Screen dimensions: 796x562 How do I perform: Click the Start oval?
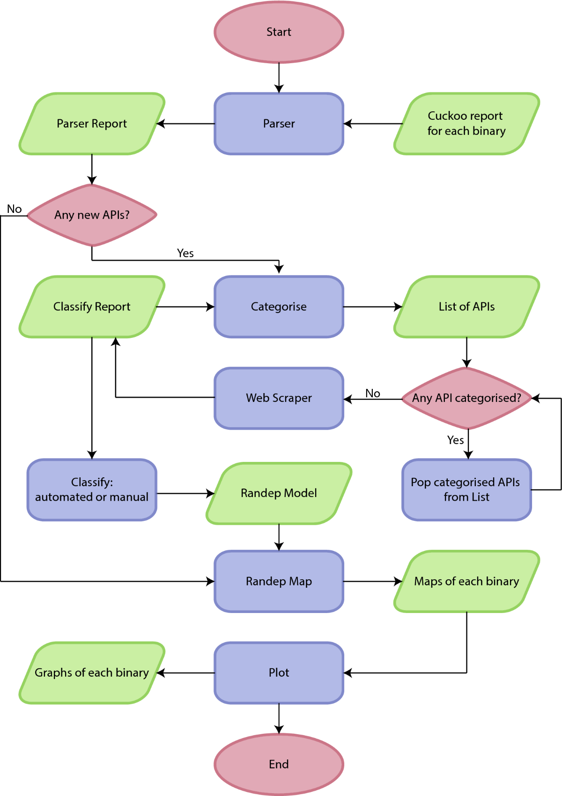[x=279, y=32]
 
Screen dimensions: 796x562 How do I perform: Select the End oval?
[x=279, y=764]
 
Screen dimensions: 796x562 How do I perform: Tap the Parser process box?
[x=279, y=124]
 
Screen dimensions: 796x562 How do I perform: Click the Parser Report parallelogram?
[x=92, y=124]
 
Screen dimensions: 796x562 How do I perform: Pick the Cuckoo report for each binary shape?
[x=466, y=124]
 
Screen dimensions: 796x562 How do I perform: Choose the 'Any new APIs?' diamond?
[x=92, y=215]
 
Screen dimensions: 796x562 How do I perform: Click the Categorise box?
[x=279, y=307]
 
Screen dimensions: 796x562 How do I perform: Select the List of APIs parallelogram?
[x=466, y=307]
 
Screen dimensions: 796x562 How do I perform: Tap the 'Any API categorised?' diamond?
[x=466, y=398]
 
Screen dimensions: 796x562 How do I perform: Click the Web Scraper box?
[x=279, y=398]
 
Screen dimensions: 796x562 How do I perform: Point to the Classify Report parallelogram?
[x=92, y=307]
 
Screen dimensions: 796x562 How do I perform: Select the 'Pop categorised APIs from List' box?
[x=466, y=489]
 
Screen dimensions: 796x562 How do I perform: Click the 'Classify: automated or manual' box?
[x=92, y=489]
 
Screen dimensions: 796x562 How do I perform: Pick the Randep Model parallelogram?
[x=279, y=493]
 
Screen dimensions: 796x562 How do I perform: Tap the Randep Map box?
[x=279, y=581]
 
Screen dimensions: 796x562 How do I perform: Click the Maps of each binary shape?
[x=466, y=581]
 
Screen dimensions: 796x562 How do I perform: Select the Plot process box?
[x=279, y=672]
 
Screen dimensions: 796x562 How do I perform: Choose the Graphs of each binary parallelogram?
[x=92, y=672]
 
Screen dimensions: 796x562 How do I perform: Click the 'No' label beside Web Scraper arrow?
[x=373, y=393]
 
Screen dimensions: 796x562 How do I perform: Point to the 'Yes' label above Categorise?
[x=185, y=253]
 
